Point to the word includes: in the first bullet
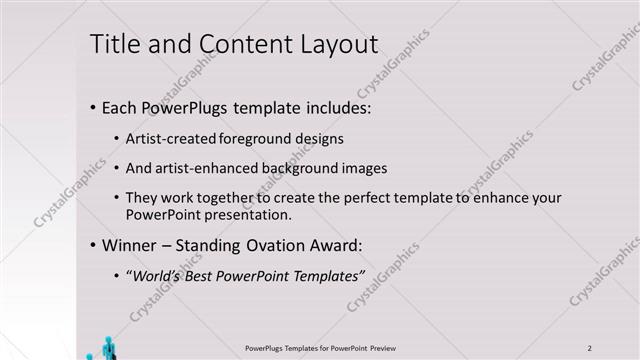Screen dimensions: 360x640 (x=315, y=107)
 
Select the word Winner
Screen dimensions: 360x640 (x=128, y=245)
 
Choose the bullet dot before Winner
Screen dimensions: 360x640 (x=92, y=245)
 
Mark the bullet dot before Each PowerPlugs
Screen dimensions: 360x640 (x=92, y=107)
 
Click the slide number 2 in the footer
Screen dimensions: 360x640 (x=590, y=347)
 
